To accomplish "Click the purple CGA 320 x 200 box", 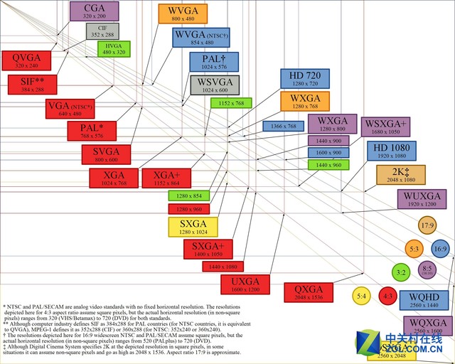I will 95,11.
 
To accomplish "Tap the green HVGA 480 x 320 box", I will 114,48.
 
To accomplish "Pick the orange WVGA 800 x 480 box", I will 183,14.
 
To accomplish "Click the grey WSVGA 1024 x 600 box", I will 214,85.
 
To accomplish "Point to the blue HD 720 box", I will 305,78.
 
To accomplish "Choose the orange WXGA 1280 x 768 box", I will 305,101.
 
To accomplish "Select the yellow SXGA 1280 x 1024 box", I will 193,227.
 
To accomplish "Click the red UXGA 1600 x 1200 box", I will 245,284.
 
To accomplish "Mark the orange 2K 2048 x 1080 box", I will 401,175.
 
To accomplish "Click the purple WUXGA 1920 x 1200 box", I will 422,198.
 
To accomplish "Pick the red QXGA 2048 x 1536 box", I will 309,292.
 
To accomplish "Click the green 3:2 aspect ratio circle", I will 401,272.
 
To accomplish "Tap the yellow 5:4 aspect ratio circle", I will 361,295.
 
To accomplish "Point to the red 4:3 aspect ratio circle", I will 388,295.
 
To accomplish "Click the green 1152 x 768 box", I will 231,102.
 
